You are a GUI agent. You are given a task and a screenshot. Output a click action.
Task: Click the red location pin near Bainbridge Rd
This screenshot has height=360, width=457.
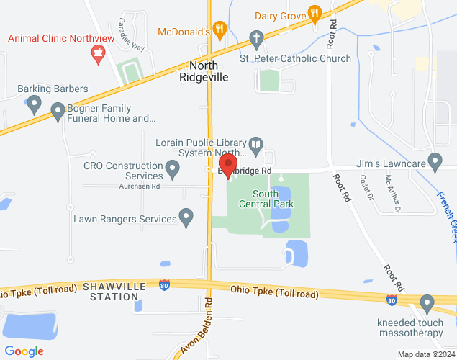pos(228,164)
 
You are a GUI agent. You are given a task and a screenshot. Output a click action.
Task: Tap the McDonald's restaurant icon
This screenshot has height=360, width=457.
pos(220,30)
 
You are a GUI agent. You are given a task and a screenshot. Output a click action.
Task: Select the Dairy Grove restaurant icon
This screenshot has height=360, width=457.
pos(314,13)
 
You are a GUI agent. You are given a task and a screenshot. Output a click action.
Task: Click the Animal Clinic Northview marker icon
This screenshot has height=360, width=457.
pos(98,52)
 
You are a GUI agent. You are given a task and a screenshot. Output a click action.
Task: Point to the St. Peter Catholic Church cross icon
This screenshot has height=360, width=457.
pos(256,37)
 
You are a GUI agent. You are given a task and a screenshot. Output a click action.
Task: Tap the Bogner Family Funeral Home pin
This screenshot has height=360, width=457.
pos(58,111)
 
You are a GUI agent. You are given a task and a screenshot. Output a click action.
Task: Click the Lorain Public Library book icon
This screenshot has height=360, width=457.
pos(255,147)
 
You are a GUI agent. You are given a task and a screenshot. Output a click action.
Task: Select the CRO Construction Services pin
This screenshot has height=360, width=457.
pos(172,170)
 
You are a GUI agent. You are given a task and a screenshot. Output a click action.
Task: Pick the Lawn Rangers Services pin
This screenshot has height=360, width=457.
pos(186,216)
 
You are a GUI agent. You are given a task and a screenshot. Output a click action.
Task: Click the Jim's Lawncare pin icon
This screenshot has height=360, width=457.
pos(434,160)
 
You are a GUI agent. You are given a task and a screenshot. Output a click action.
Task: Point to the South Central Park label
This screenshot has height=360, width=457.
pos(273,199)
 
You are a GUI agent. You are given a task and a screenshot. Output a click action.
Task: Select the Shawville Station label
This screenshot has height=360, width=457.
pos(114,291)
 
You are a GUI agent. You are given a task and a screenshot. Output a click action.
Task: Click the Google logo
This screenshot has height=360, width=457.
pos(24,351)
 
